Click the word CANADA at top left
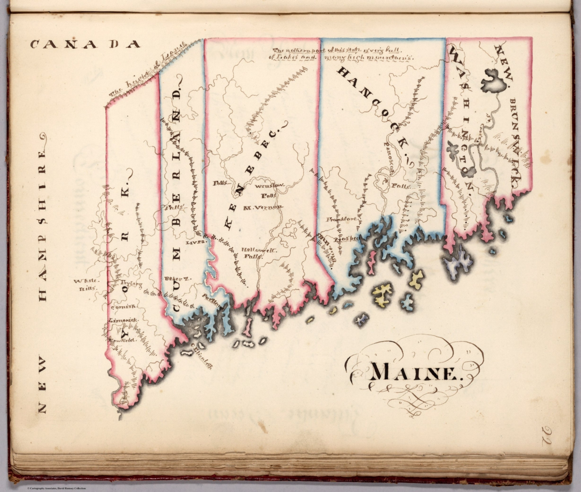coord(85,44)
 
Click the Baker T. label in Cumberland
coord(173,279)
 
